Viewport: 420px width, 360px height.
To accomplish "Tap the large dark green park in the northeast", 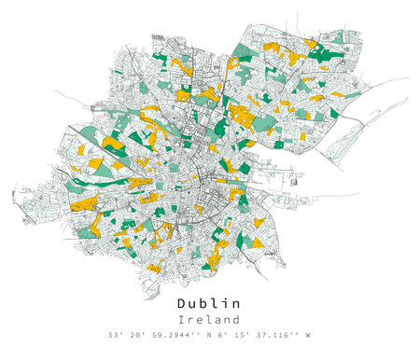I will pos(322,53).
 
